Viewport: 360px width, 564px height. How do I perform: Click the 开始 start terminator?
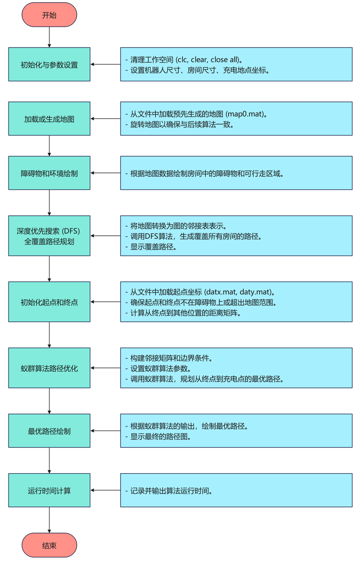tap(49, 15)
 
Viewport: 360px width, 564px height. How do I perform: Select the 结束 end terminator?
tap(49, 545)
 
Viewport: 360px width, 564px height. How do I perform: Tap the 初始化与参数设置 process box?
tap(49, 65)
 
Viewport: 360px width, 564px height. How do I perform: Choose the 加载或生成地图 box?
tap(49, 119)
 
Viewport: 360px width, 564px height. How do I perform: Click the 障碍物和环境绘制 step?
tap(49, 173)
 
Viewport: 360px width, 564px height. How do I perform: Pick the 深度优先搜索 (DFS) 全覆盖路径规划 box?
tap(49, 236)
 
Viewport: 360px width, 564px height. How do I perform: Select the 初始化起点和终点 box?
tap(49, 302)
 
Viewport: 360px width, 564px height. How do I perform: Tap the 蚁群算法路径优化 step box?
tap(49, 368)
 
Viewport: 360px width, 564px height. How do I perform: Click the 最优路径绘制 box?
tap(49, 430)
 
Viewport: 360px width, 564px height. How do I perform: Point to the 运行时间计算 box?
tap(49, 490)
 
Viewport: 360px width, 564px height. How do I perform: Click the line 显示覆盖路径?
tap(155, 246)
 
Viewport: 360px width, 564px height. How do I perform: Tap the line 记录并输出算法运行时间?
tap(171, 491)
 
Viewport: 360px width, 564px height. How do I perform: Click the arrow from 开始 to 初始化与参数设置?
tap(49, 37)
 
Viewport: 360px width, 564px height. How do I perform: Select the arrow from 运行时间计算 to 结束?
tap(49, 520)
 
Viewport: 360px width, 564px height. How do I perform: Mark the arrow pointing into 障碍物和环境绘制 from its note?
tap(105, 173)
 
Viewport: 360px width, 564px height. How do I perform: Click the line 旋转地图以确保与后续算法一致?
tap(182, 125)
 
